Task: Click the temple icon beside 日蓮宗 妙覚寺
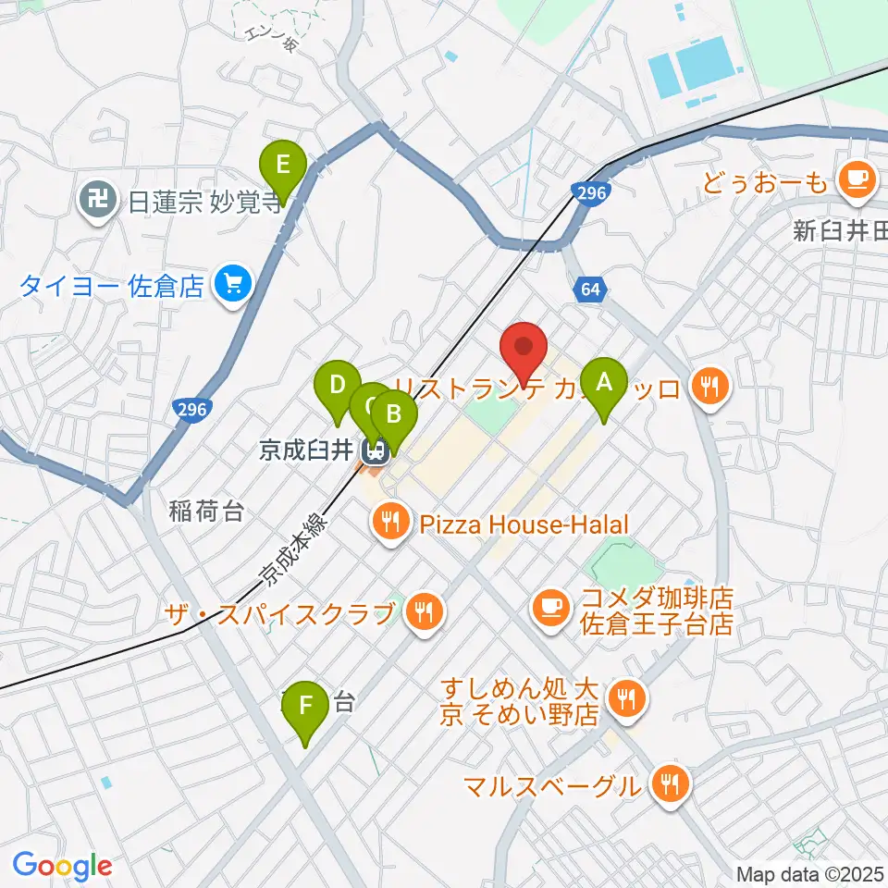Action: [97, 198]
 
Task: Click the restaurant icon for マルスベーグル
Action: [667, 785]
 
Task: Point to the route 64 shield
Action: [591, 290]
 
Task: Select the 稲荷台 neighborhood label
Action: [206, 510]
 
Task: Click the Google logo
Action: [62, 865]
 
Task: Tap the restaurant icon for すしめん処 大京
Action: [628, 700]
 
